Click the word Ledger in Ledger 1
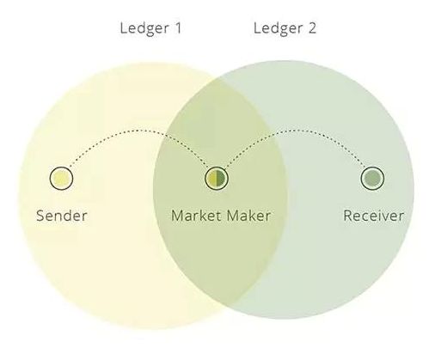[144, 29]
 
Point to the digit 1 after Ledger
[178, 27]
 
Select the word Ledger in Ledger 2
[278, 29]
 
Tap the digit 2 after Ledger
[312, 28]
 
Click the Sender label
[62, 216]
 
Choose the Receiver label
[373, 216]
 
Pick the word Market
[196, 216]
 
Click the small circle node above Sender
[61, 178]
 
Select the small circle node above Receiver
[372, 178]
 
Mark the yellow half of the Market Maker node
[212, 178]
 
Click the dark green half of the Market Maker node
[220, 178]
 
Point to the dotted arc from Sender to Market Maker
[139, 131]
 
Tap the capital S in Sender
[40, 216]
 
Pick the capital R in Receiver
[348, 216]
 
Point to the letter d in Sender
[67, 216]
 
